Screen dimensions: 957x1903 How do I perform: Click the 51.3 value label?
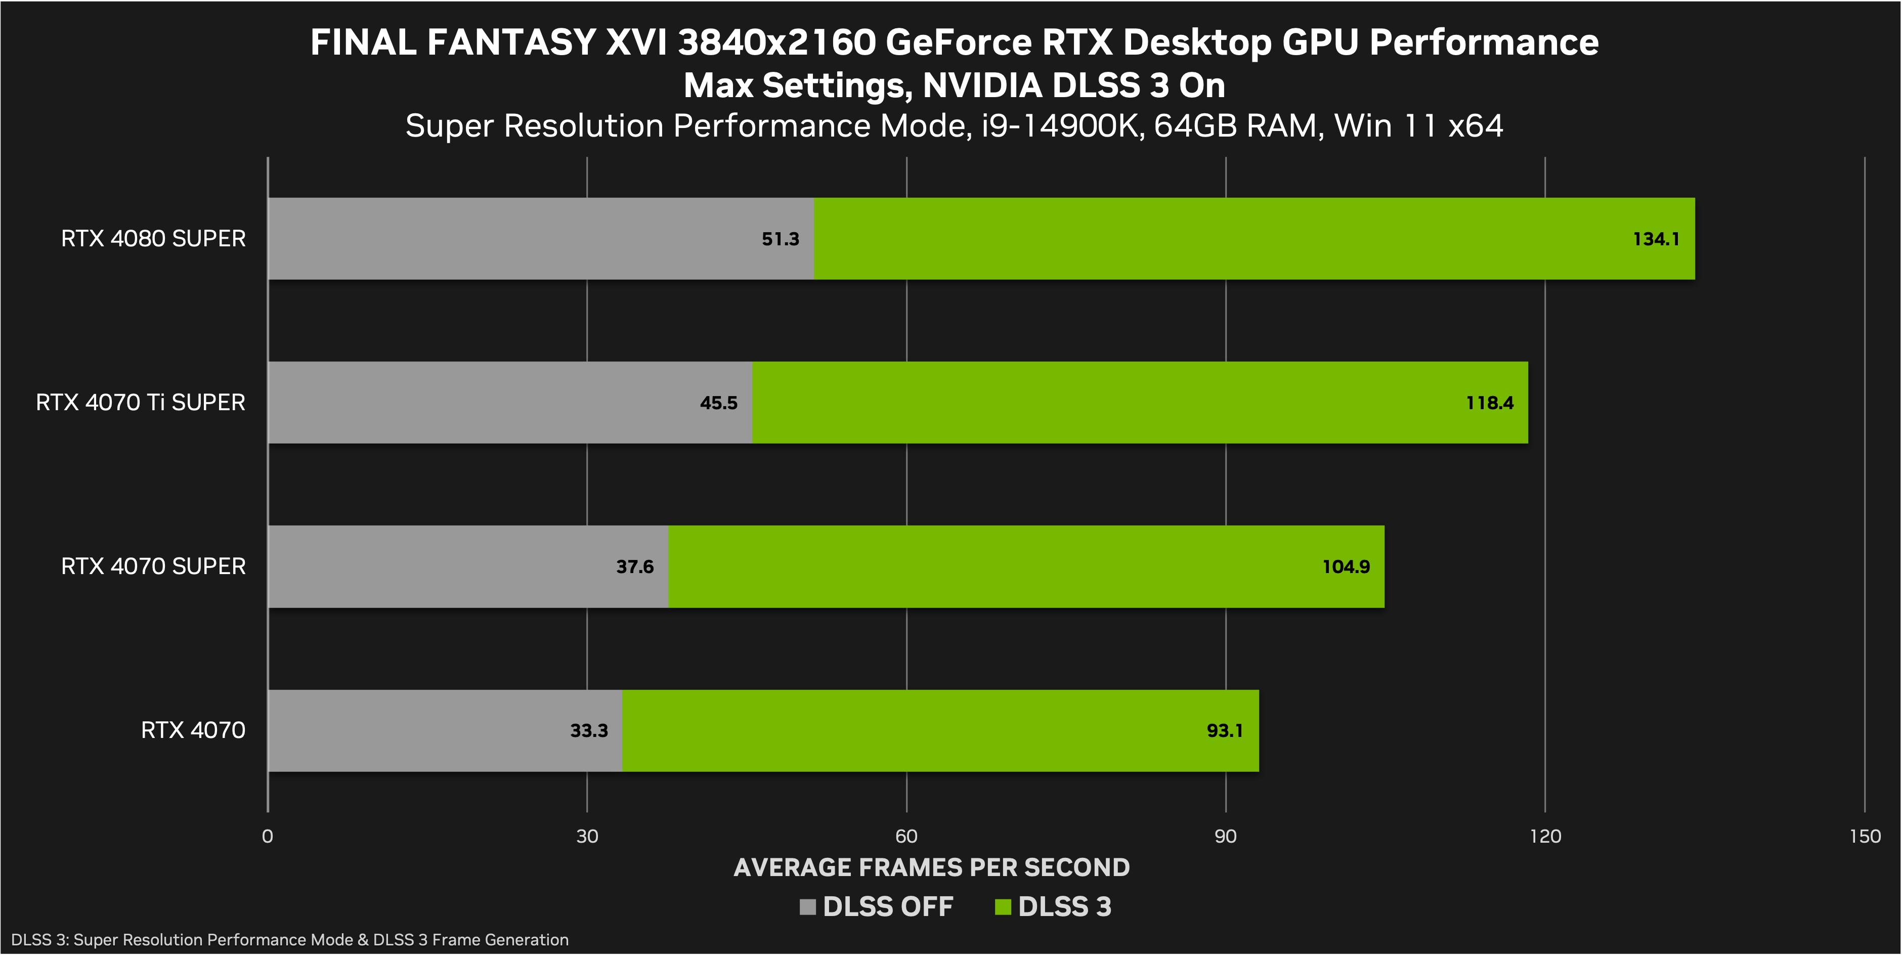[780, 239]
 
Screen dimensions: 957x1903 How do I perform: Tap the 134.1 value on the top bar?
[1656, 239]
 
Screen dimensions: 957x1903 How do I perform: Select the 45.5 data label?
[719, 403]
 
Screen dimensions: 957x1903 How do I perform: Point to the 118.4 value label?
[1489, 403]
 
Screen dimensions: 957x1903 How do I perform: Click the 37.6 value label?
[634, 567]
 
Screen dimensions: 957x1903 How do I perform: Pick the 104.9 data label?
[1345, 567]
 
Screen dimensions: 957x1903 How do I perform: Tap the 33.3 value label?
[589, 731]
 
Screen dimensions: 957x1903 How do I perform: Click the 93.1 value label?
[1224, 731]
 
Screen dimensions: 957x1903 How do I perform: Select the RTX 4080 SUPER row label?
[153, 239]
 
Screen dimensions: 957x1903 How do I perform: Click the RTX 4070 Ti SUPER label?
[140, 403]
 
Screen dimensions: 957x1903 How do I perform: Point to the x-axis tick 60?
[906, 837]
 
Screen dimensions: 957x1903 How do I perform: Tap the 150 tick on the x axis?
[1865, 837]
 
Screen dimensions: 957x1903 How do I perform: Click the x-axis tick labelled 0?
[268, 837]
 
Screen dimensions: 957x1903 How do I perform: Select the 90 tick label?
[1226, 837]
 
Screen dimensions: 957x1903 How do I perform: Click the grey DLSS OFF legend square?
[807, 907]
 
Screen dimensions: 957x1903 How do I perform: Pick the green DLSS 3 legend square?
[1003, 907]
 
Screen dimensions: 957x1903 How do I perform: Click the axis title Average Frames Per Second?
[932, 867]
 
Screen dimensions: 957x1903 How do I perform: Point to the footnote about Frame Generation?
[289, 940]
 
